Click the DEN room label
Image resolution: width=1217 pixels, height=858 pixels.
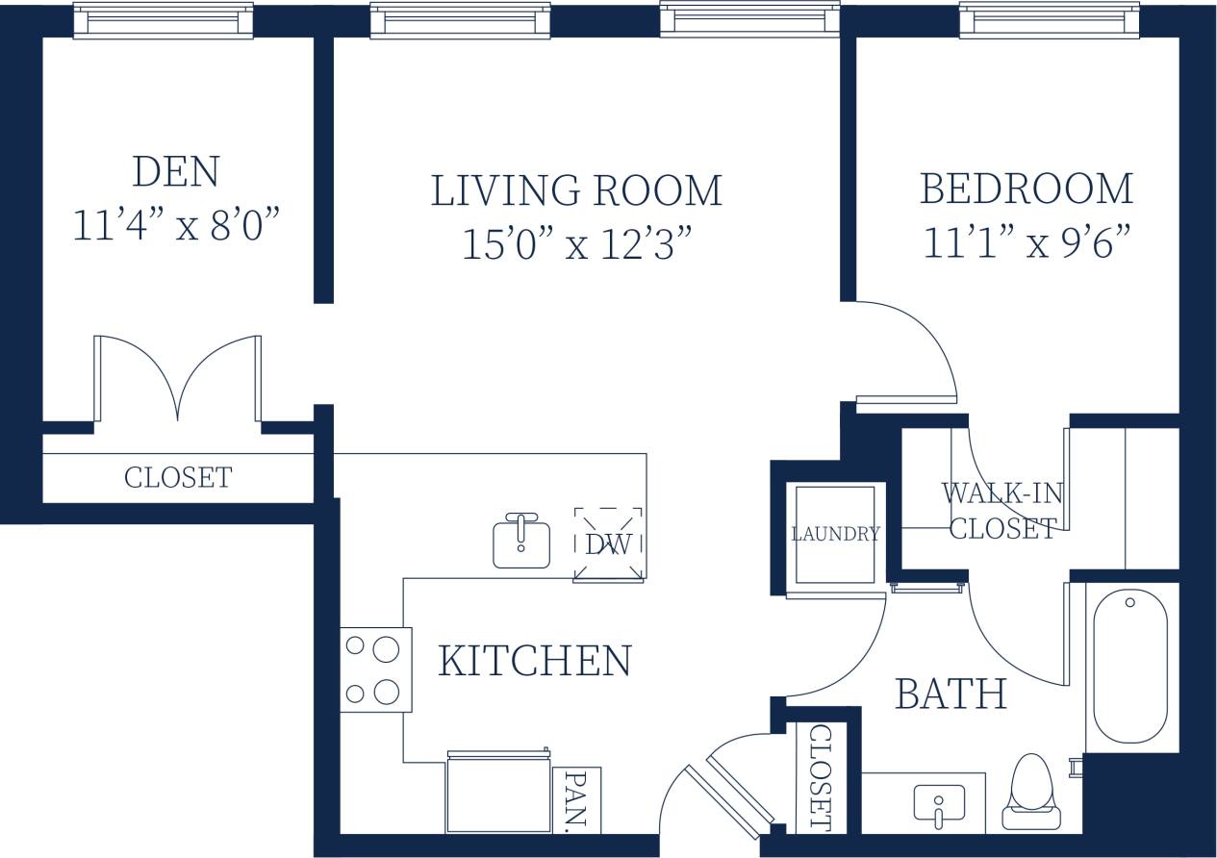point(176,172)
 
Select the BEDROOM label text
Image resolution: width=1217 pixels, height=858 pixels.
point(1026,189)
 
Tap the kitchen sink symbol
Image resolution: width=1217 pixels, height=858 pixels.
point(521,543)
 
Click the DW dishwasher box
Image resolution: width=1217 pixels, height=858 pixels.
point(608,544)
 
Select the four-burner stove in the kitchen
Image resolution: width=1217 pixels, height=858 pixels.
point(375,669)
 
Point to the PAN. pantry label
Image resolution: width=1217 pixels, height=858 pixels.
point(576,799)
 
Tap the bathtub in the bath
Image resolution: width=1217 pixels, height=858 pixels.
point(1130,666)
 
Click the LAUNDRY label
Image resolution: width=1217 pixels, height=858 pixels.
point(835,534)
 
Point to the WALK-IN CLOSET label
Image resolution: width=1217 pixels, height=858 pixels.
point(1002,511)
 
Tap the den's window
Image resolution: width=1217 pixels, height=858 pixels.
point(163,20)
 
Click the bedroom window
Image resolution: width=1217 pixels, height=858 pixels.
point(1049,20)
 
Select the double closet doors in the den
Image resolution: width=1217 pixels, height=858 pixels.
point(177,379)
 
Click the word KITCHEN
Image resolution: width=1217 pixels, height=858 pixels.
point(535,661)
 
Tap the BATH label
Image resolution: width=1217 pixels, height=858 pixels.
point(951,694)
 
